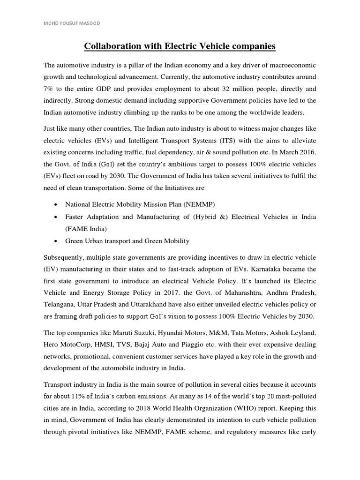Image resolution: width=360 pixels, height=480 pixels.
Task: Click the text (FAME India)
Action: coord(86,229)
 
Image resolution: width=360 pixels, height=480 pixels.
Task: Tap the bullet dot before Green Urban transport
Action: coord(56,241)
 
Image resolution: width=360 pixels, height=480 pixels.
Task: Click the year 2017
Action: coord(165,293)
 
